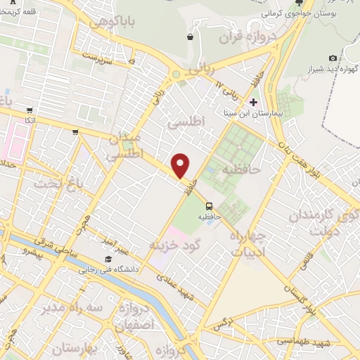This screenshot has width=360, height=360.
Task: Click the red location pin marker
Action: click(x=181, y=165)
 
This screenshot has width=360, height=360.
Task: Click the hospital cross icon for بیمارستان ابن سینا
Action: click(x=254, y=102)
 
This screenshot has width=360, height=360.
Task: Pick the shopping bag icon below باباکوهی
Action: click(x=191, y=37)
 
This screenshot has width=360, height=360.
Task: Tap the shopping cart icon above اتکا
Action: click(x=30, y=110)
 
